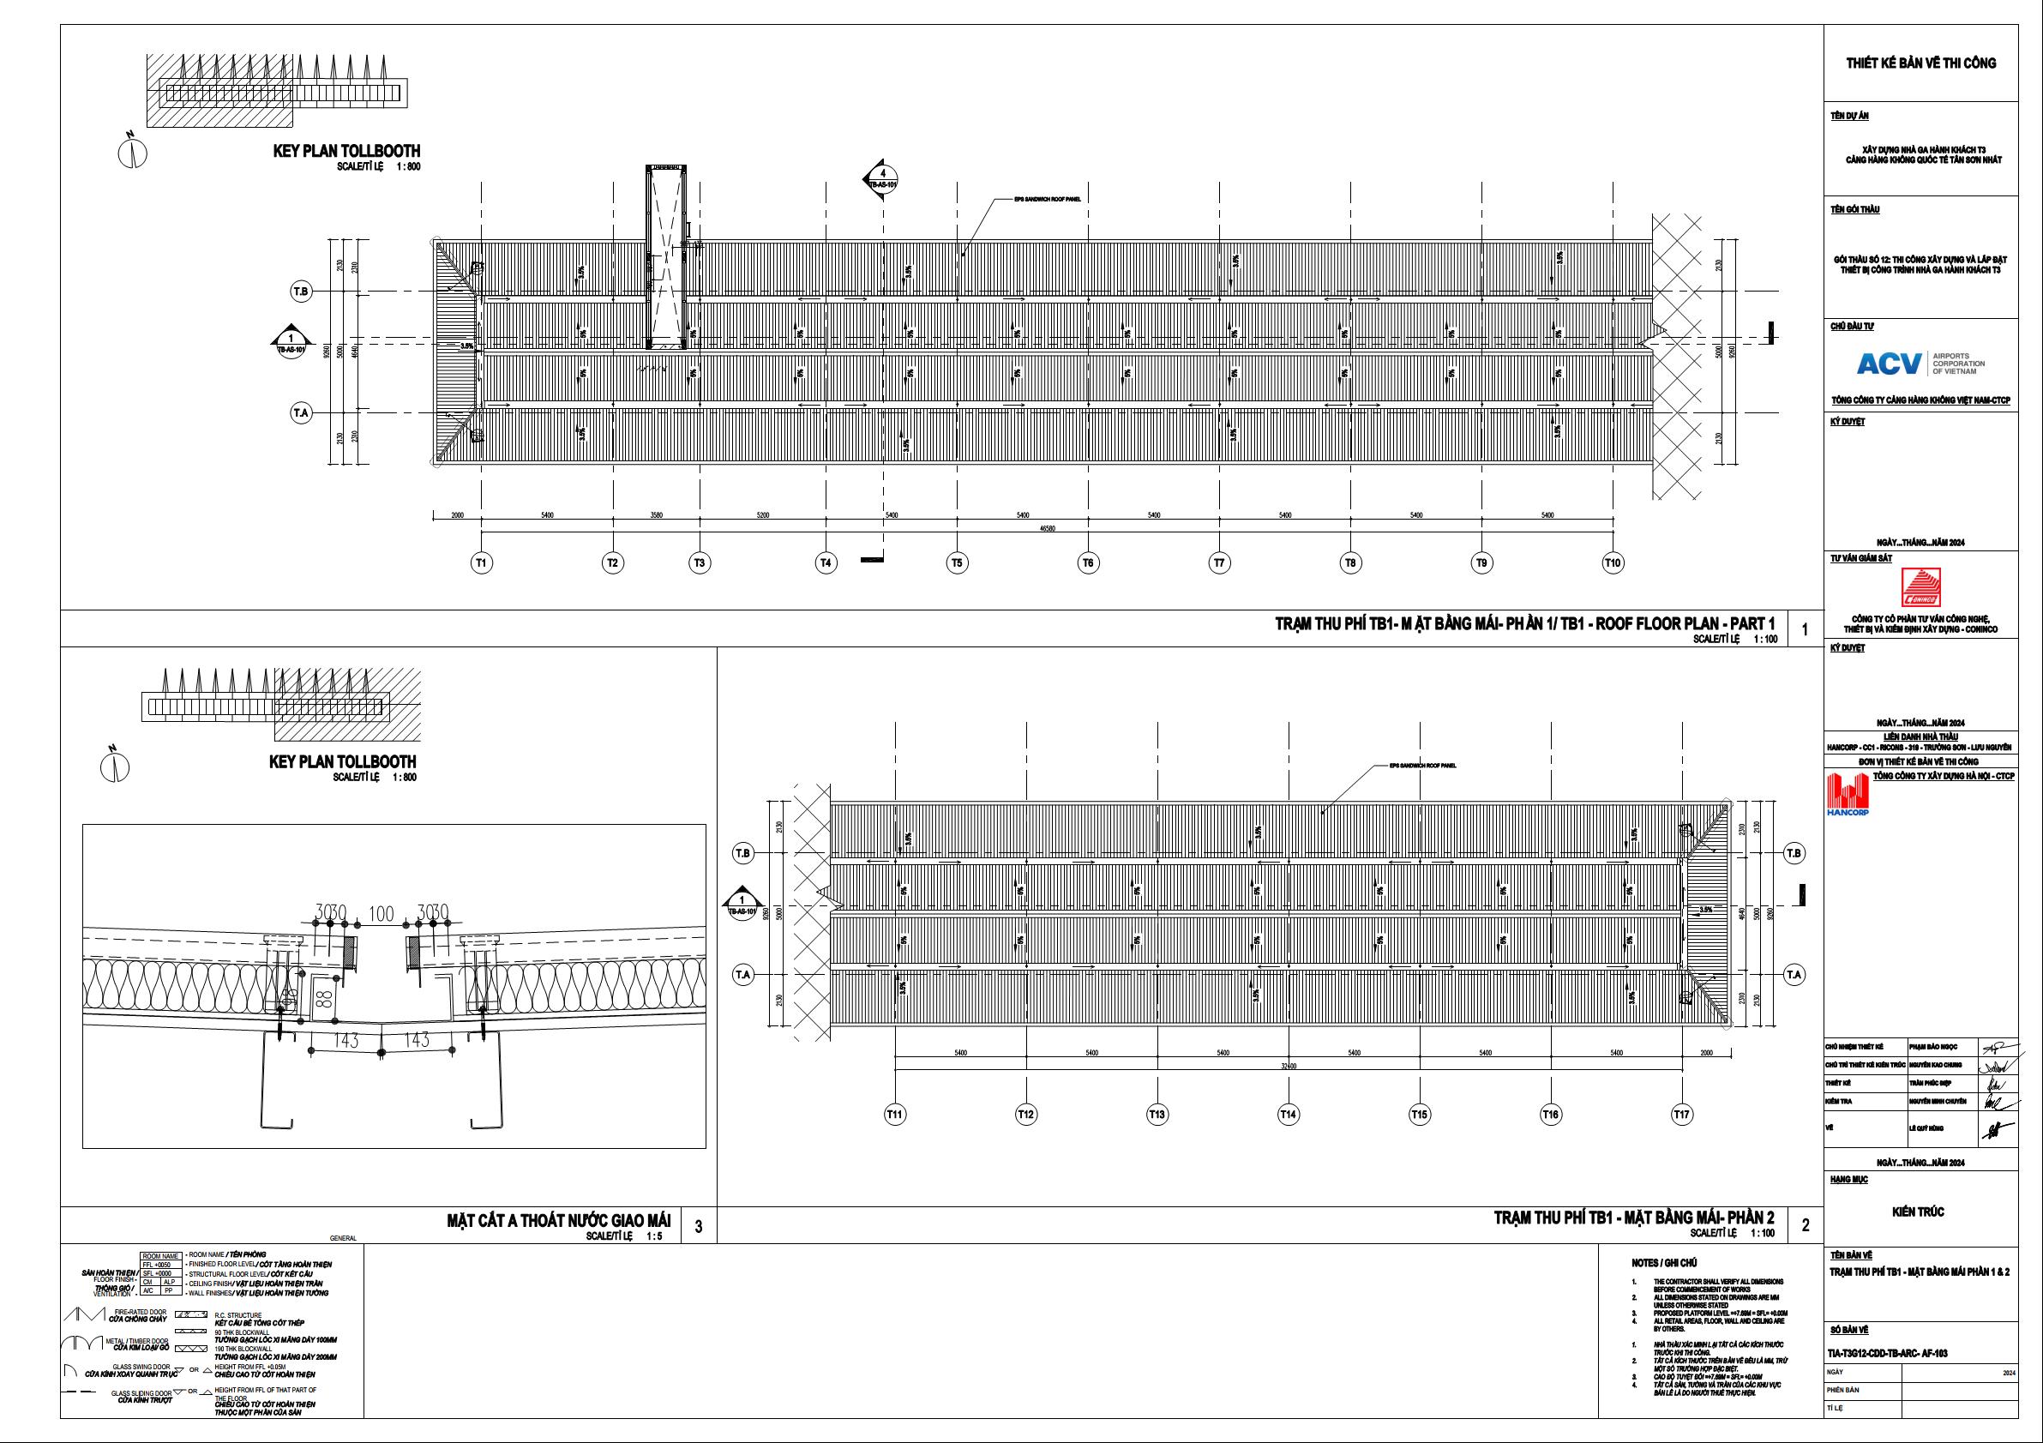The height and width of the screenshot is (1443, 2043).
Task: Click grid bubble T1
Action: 481,562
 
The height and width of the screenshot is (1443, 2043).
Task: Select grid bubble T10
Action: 1613,562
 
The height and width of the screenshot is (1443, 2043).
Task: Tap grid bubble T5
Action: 957,562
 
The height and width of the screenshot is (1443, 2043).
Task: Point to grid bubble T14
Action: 1288,1114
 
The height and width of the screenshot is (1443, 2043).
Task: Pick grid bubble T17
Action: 1681,1114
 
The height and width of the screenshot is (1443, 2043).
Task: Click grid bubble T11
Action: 894,1114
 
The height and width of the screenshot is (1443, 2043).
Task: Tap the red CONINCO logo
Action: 1920,588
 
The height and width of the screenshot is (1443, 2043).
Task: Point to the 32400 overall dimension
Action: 1289,1065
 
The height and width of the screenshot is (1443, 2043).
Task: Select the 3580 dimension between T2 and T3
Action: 656,515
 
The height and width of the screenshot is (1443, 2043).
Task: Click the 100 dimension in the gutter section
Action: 381,913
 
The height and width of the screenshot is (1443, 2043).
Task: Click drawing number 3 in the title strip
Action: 699,1226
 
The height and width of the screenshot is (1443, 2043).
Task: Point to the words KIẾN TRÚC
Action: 1918,1212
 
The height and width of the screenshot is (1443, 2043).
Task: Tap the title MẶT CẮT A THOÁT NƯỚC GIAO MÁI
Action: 558,1220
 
